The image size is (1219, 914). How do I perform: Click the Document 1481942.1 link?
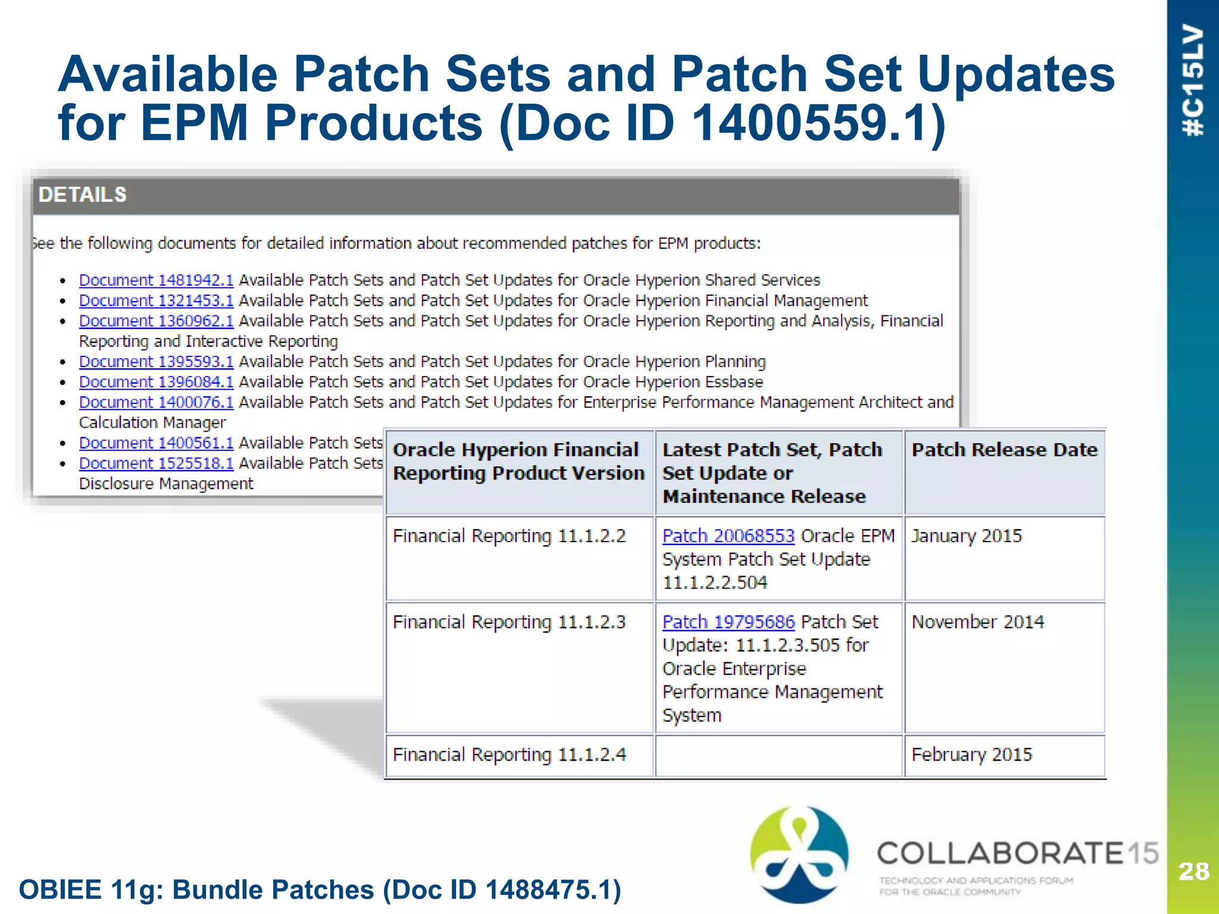(x=156, y=280)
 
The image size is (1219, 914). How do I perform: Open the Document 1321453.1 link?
(x=156, y=301)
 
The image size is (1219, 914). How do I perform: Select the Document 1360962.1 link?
(x=156, y=321)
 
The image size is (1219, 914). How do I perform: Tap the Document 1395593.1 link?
(x=156, y=362)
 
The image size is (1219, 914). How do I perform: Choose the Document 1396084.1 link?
(x=156, y=382)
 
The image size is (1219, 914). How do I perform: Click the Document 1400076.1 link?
(x=156, y=402)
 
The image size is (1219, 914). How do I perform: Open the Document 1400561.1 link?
(x=156, y=443)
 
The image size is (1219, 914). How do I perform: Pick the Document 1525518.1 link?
(x=156, y=464)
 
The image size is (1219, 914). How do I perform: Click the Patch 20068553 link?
(x=728, y=536)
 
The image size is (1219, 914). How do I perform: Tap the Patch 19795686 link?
(x=728, y=622)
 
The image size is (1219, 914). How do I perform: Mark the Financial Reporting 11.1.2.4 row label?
(x=510, y=755)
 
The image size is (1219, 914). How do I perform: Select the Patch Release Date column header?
(x=1004, y=450)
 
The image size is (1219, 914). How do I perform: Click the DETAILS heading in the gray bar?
(x=83, y=195)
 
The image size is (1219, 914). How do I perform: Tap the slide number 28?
(x=1193, y=872)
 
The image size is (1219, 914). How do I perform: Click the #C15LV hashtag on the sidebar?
(x=1193, y=80)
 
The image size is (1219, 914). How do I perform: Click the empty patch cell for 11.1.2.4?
(x=779, y=756)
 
